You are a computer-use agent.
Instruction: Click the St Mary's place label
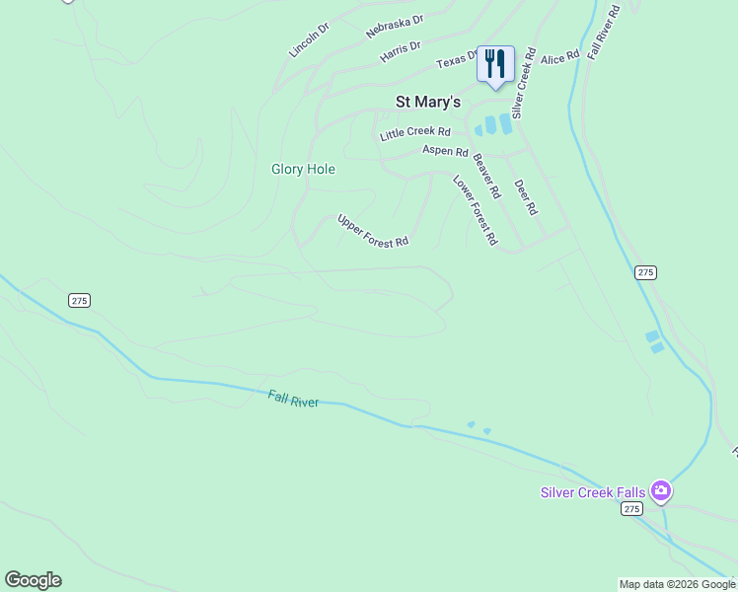[427, 101]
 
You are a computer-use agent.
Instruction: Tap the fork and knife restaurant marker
[495, 65]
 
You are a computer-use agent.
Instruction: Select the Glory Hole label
[303, 169]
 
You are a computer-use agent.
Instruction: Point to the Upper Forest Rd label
[373, 231]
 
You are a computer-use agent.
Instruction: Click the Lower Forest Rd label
[475, 210]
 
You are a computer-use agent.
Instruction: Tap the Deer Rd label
[525, 196]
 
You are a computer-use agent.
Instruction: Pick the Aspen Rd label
[445, 151]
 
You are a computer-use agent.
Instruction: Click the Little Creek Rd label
[414, 132]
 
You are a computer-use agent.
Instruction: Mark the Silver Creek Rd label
[522, 83]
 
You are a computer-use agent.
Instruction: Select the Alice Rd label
[559, 59]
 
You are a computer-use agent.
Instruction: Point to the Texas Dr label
[457, 61]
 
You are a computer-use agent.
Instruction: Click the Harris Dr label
[400, 51]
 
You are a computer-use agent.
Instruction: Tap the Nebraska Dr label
[394, 26]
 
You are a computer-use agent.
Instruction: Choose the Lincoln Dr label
[309, 37]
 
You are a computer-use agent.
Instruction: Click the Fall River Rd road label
[604, 32]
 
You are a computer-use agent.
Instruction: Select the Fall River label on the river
[293, 399]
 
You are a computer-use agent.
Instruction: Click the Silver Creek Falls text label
[593, 492]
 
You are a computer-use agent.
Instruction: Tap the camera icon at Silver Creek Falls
[660, 489]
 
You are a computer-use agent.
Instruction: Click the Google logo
[33, 580]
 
